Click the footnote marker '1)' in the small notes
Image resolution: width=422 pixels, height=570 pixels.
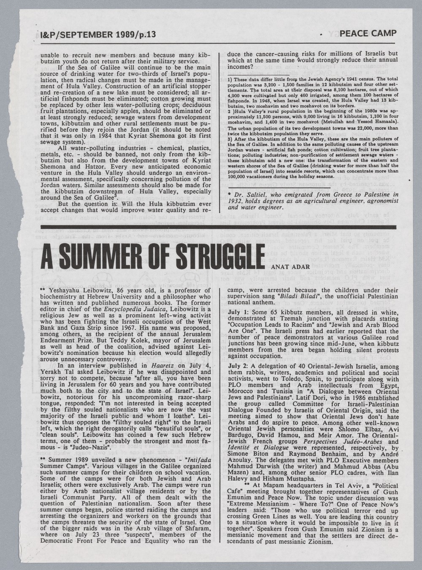pyautogui.click(x=230, y=79)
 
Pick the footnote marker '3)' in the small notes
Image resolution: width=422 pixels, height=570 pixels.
pyautogui.click(x=230, y=138)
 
